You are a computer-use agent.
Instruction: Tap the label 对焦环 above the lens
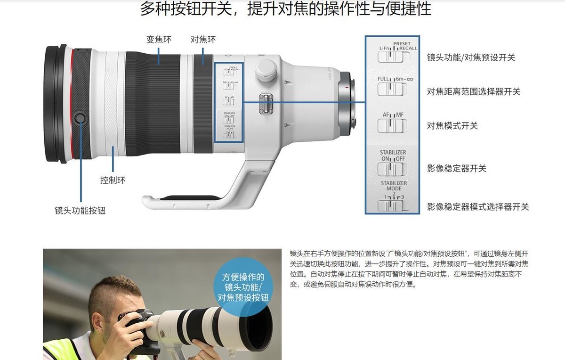tap(203, 40)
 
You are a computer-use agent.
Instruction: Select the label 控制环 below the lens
tap(113, 180)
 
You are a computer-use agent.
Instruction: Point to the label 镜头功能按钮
tap(80, 211)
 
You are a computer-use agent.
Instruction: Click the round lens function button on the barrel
tap(81, 117)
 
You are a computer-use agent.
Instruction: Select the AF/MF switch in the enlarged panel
tap(392, 126)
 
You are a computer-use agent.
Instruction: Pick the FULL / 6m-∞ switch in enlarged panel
tap(392, 89)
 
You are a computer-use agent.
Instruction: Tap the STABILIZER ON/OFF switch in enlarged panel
tap(392, 169)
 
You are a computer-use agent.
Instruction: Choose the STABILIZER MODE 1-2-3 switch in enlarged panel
tap(392, 205)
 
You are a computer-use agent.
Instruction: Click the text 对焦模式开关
tap(452, 126)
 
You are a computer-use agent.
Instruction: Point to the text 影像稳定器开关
tap(456, 168)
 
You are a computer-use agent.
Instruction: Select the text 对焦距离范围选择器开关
tap(473, 92)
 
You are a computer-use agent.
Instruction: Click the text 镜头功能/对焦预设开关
tap(471, 57)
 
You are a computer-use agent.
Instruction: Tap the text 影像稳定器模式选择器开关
tap(477, 206)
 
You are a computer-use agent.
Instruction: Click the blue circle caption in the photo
tap(243, 287)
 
